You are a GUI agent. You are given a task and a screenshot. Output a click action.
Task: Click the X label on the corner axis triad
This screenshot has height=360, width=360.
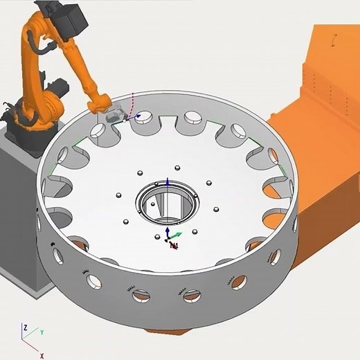[42, 355]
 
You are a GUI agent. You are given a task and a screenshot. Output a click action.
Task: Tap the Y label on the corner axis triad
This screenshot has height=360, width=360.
[41, 332]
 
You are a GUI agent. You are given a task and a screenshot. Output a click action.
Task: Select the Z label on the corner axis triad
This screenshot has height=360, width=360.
[25, 327]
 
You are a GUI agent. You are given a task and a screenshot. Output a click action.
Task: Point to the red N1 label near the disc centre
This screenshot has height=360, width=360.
[174, 245]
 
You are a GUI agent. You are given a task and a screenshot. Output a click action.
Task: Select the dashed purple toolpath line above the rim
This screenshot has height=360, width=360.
[133, 101]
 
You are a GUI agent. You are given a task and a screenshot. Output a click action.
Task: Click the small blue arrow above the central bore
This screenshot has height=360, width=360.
[166, 181]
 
